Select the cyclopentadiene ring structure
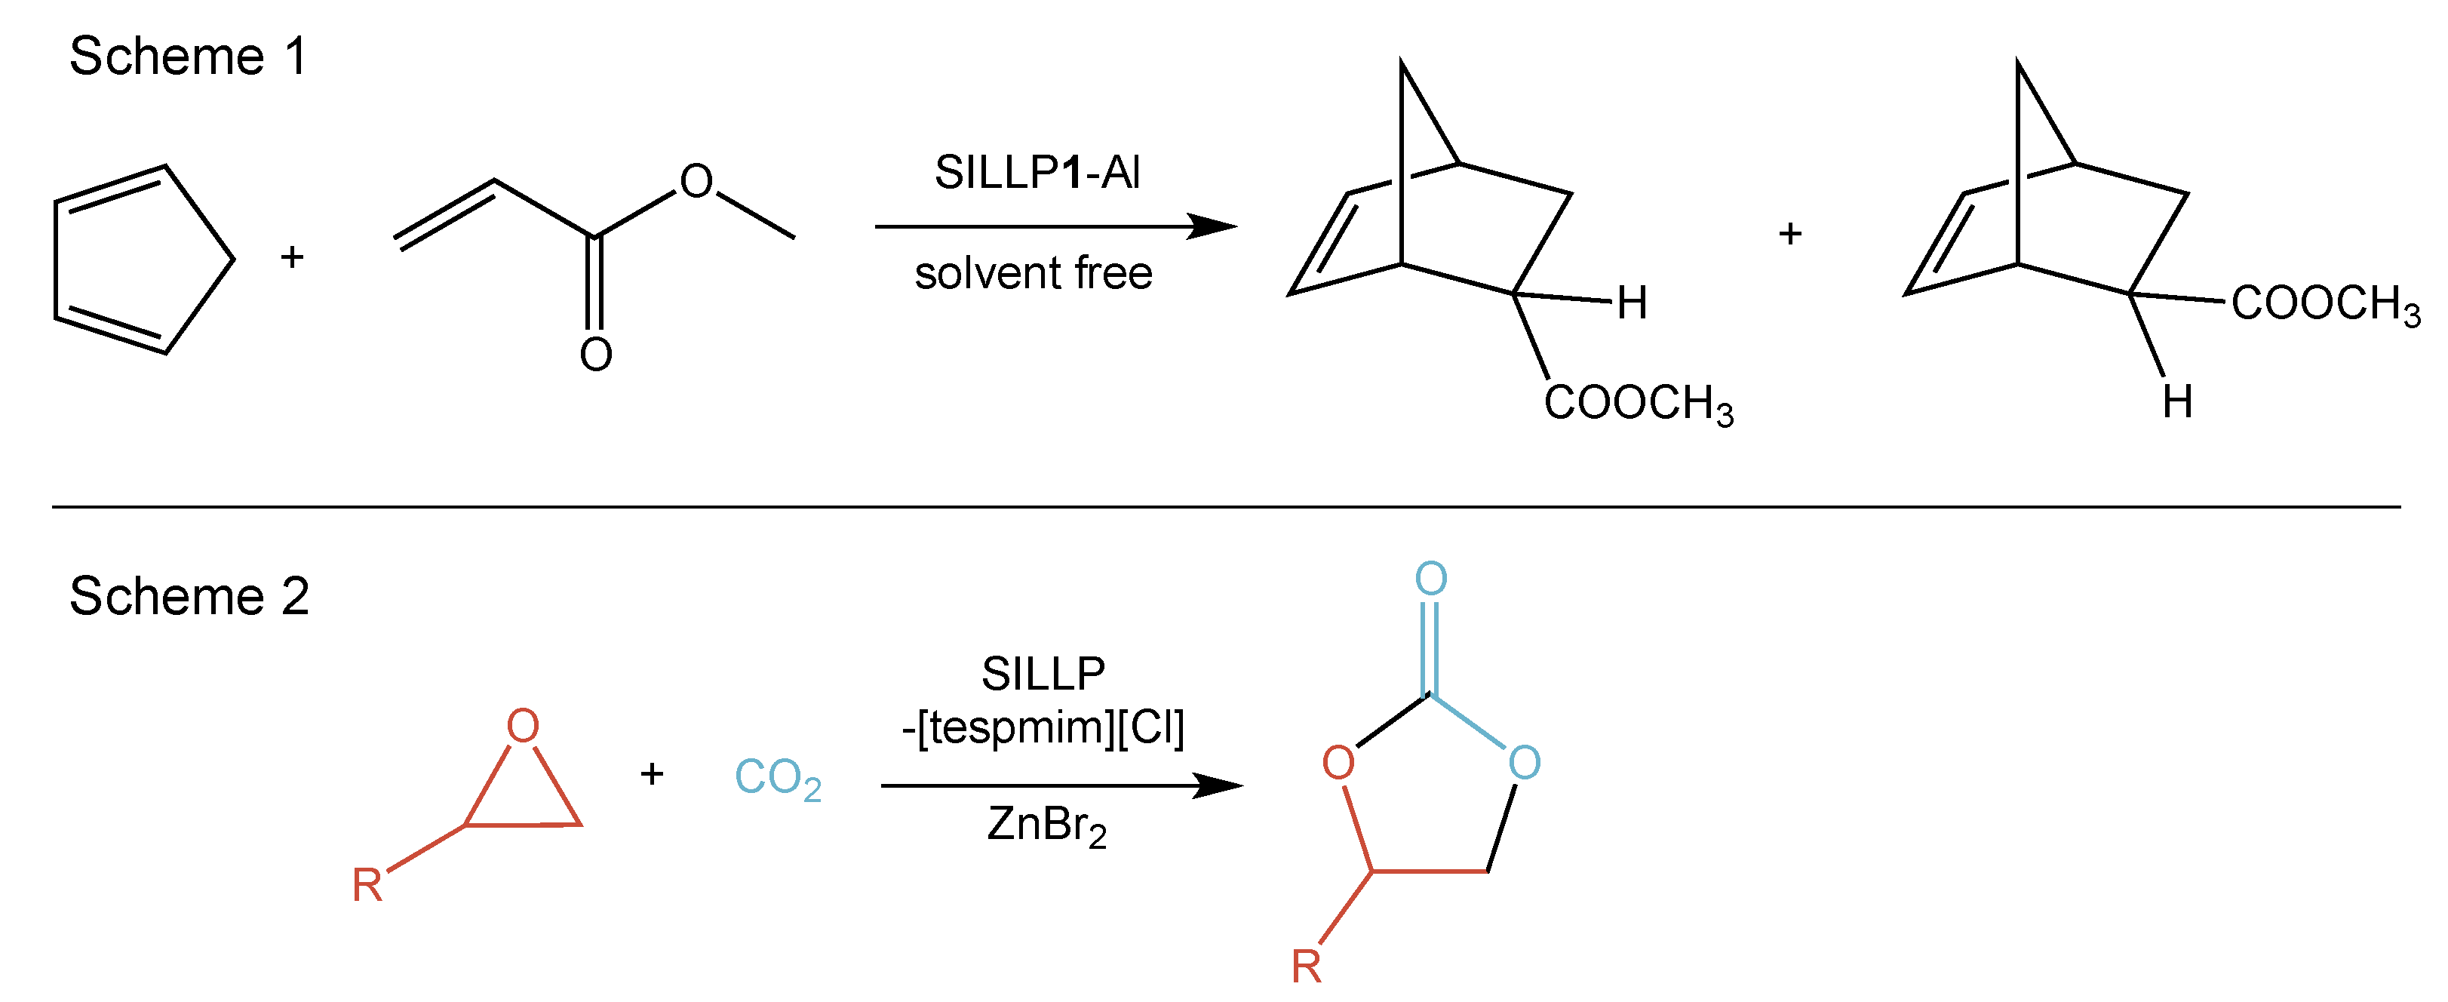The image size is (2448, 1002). point(138,259)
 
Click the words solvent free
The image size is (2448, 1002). point(1033,274)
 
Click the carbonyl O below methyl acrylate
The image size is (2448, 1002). point(596,355)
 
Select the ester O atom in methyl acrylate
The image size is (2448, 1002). point(696,180)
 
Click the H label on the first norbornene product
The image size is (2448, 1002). point(1632,303)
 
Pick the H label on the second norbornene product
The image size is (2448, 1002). point(2177,402)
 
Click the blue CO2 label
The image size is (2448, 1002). point(777,778)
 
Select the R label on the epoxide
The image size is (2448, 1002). point(367,886)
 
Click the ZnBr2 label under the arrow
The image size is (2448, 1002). point(1046,825)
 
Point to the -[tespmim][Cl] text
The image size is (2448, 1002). point(1043,728)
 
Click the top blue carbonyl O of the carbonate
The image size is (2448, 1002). point(1431,578)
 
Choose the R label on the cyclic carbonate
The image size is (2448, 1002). point(1306,967)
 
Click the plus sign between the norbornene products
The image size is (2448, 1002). point(1790,233)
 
